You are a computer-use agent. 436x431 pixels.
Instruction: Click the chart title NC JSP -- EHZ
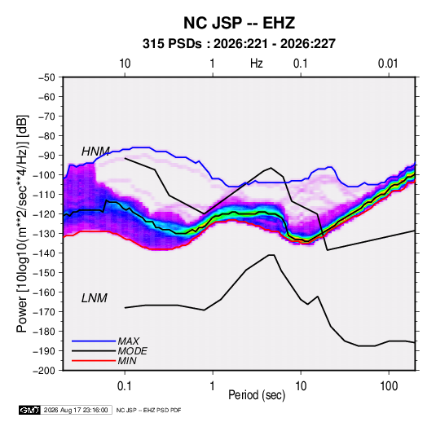[239, 23]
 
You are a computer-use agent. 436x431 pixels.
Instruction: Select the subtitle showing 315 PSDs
[239, 44]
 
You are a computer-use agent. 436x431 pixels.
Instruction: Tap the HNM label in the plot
[95, 152]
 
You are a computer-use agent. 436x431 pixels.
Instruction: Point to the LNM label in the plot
[95, 298]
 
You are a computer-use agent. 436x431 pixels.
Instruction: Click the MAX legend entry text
[128, 341]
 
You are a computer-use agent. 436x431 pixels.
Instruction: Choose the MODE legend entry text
[132, 351]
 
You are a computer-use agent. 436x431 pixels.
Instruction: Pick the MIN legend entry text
[127, 361]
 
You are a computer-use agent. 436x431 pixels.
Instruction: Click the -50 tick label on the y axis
[46, 77]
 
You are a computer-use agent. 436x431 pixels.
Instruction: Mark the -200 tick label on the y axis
[44, 371]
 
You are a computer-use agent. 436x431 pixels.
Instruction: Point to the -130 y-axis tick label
[44, 234]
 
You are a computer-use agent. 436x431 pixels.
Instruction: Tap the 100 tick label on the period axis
[389, 386]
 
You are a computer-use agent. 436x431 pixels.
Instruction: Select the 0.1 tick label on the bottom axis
[125, 386]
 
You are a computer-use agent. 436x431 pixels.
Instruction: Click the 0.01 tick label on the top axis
[388, 64]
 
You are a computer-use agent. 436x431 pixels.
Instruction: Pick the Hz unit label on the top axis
[257, 64]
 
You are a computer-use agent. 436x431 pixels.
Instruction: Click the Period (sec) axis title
[257, 395]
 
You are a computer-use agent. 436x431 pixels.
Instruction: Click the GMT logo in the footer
[29, 410]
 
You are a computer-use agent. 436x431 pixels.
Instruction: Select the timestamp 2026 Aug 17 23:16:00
[76, 410]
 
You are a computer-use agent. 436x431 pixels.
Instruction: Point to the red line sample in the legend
[94, 361]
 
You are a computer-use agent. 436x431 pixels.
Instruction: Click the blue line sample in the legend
[94, 341]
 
